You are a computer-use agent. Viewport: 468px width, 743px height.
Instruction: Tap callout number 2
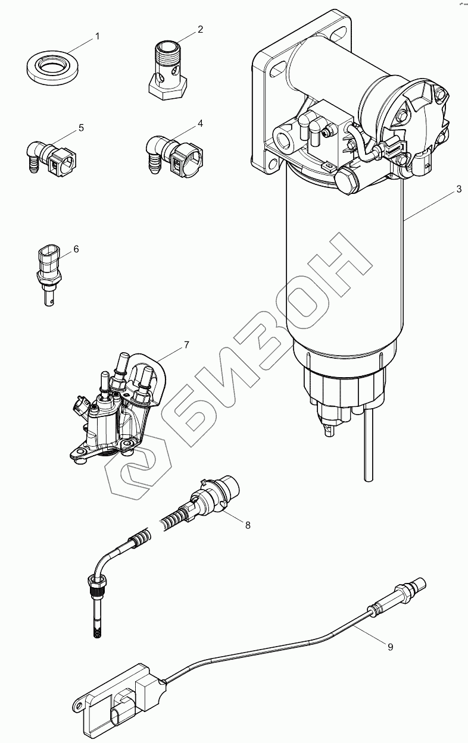pyautogui.click(x=201, y=29)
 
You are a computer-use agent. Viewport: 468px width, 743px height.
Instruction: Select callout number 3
pyautogui.click(x=459, y=189)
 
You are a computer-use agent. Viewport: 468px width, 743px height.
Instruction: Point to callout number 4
pyautogui.click(x=201, y=123)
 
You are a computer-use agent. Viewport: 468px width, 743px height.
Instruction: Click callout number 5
pyautogui.click(x=81, y=127)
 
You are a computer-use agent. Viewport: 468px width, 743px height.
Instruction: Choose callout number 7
pyautogui.click(x=186, y=344)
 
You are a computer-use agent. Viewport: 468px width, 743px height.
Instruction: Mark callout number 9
pyautogui.click(x=391, y=647)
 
